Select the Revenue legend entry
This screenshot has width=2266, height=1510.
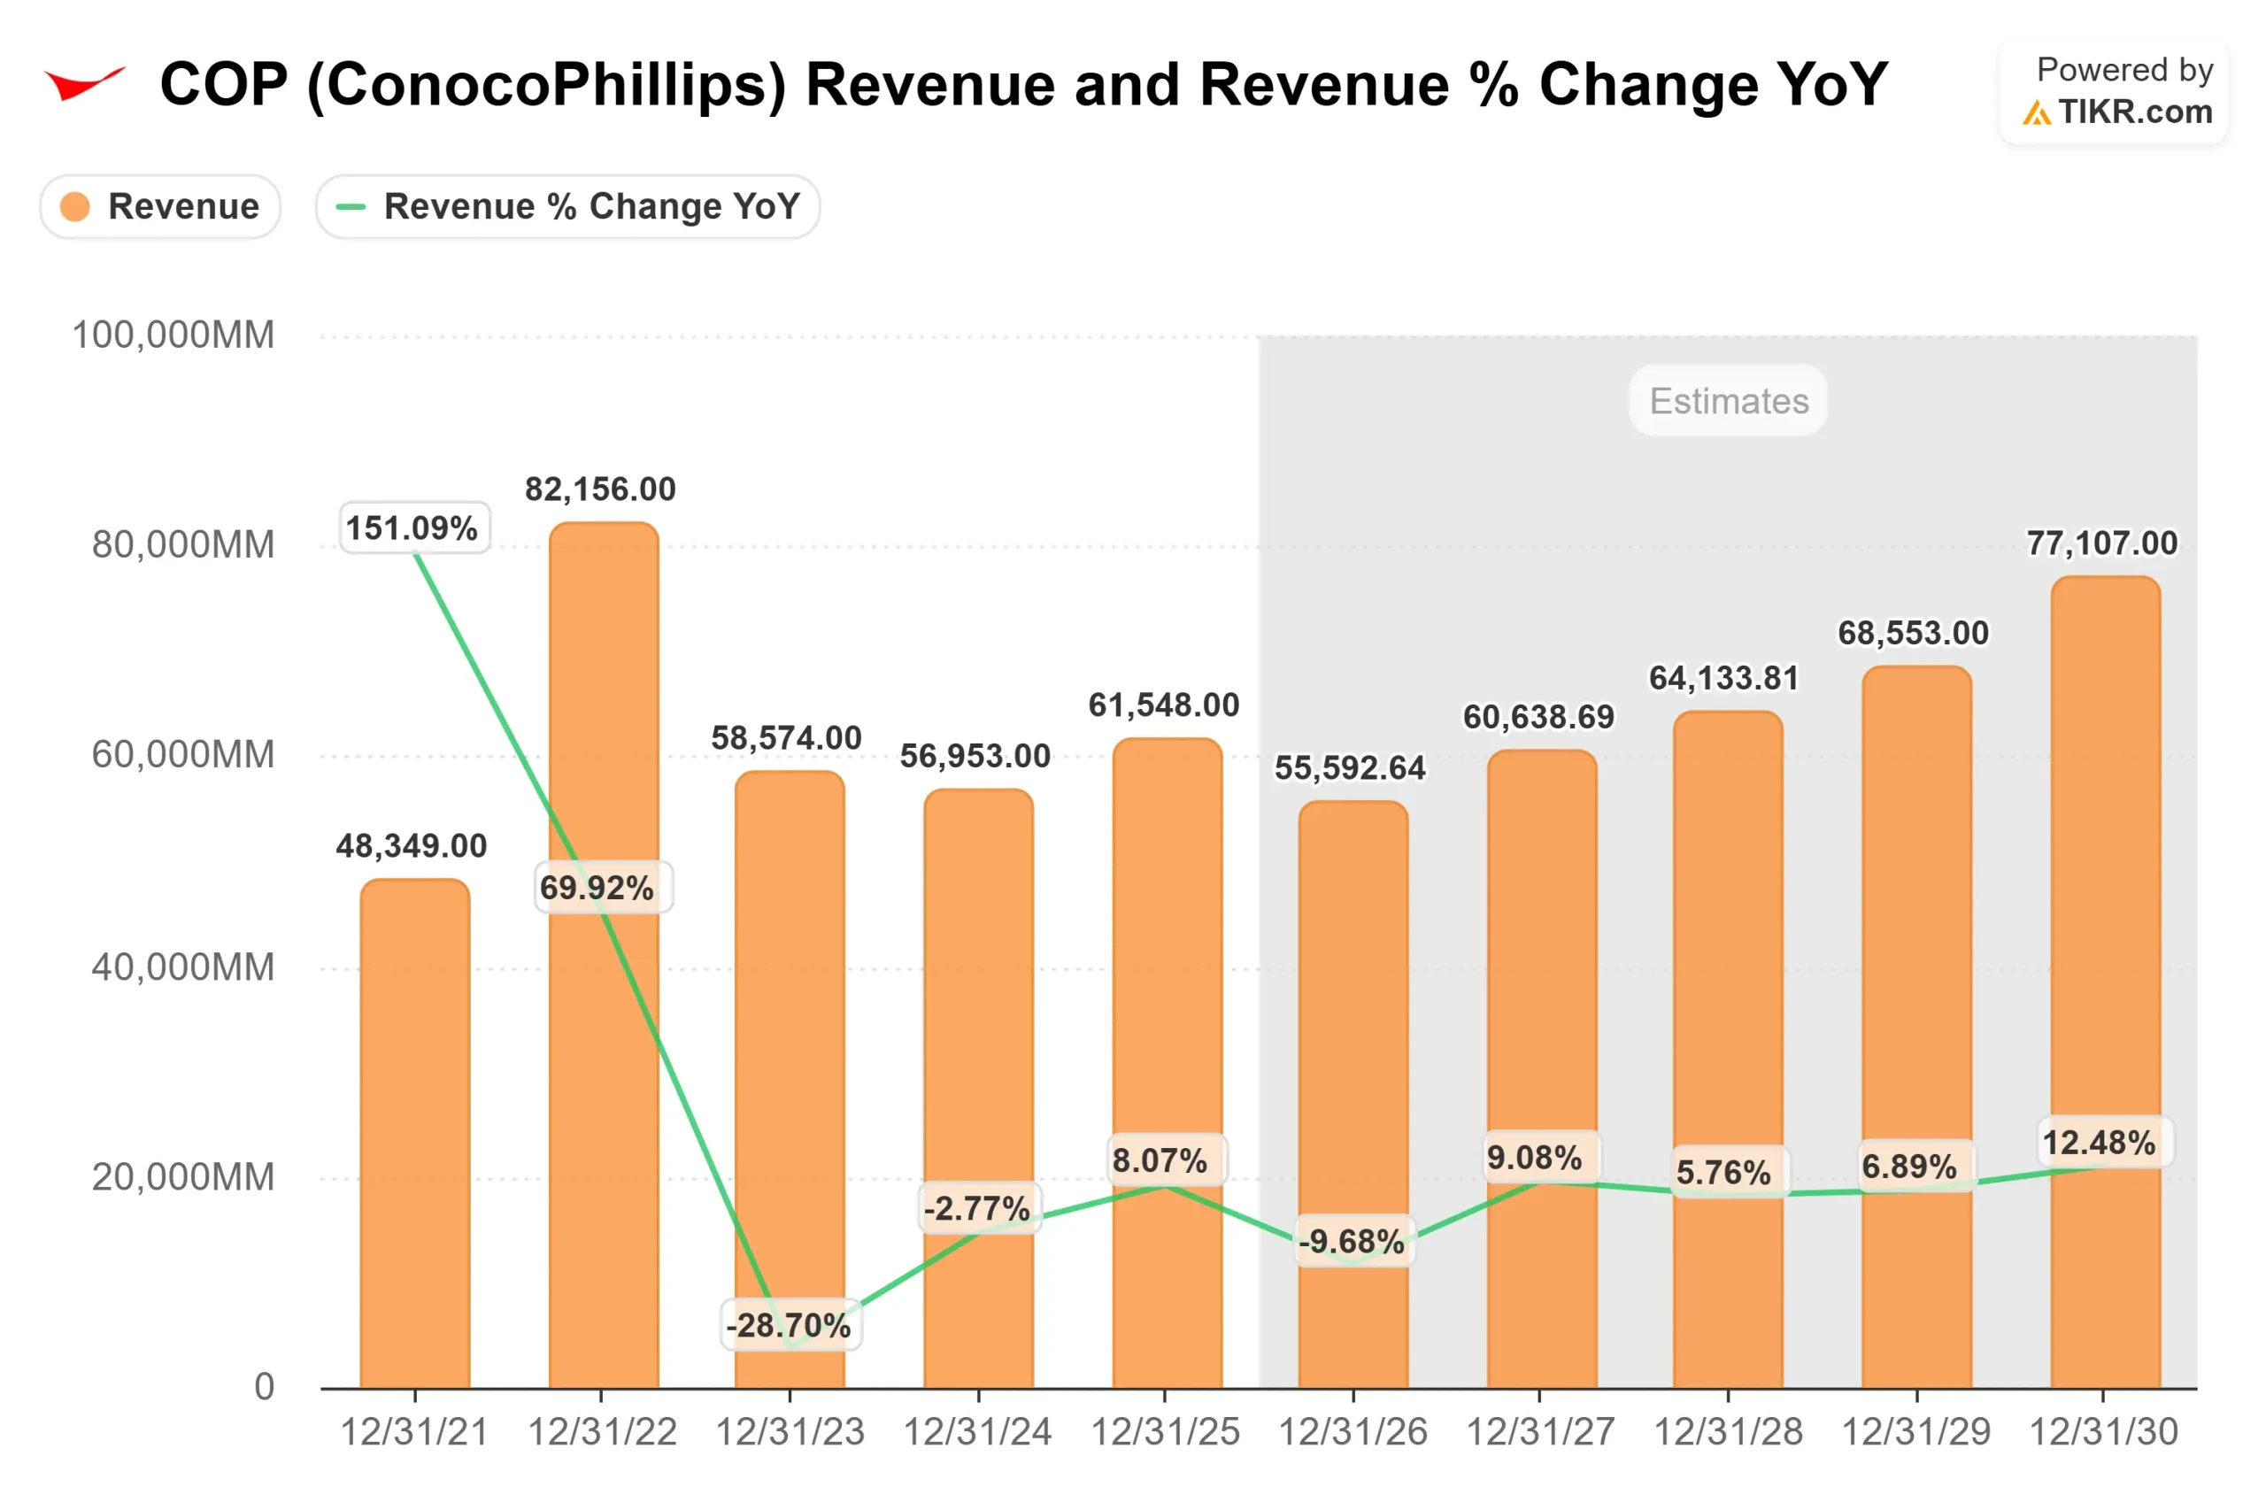160,206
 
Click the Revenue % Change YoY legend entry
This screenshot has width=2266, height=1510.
567,206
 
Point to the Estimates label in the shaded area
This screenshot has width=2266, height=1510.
1728,401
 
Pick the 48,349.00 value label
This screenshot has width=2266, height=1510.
412,845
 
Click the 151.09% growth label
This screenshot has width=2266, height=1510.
412,528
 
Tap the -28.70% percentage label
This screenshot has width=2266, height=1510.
789,1325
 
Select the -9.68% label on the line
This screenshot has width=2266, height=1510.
1351,1241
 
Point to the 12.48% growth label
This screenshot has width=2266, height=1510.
2099,1142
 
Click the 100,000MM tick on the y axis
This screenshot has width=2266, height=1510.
173,335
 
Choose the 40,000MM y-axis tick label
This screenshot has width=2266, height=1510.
183,967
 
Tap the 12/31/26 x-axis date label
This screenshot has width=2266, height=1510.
1353,1432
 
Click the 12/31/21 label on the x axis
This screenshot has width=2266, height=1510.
414,1432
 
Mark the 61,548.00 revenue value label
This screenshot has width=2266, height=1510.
1163,705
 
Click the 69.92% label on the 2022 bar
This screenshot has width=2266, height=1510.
597,887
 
